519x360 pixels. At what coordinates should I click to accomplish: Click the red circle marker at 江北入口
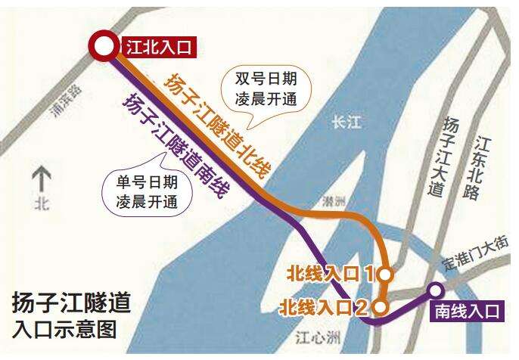(101, 48)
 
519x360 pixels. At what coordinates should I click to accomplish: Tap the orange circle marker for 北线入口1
(385, 274)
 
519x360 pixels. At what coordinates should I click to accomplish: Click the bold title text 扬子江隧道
(72, 303)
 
